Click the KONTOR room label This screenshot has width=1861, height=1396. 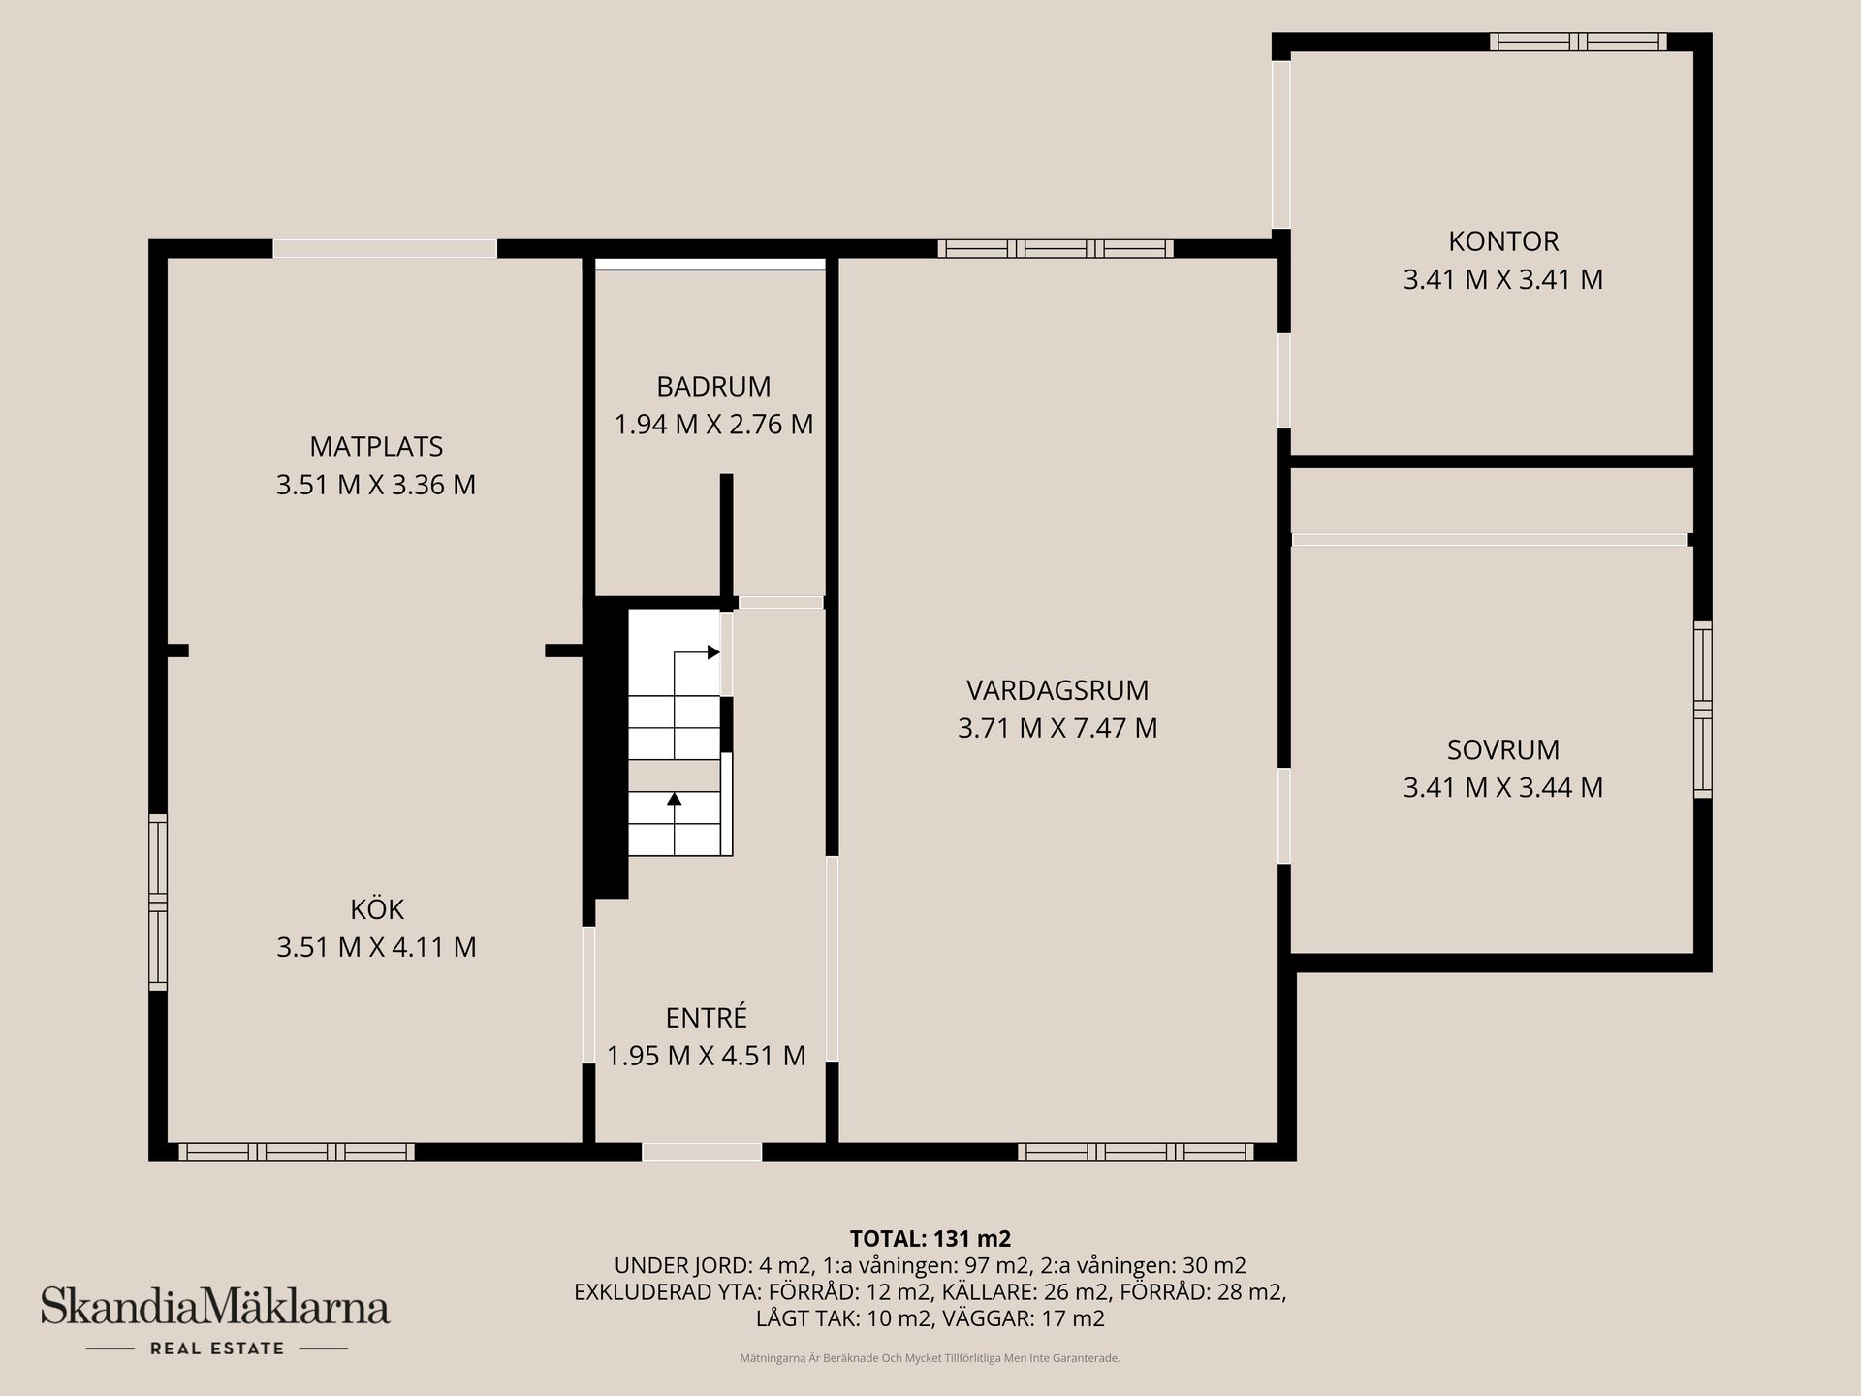point(1503,241)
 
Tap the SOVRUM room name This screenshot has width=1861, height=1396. point(1503,749)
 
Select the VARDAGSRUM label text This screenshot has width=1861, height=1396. point(1057,690)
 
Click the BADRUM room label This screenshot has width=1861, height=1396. point(713,386)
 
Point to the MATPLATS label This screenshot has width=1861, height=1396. point(376,446)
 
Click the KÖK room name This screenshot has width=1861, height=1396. point(376,909)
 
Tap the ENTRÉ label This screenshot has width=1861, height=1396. point(706,1018)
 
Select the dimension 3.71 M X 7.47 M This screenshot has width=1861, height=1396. point(1057,728)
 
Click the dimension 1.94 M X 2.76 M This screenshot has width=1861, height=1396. point(713,425)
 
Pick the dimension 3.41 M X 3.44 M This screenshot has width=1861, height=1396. point(1503,787)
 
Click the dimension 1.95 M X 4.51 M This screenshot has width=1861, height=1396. point(706,1056)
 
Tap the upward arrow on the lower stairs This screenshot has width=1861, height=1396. point(675,799)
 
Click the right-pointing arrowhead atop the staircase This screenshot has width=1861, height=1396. point(714,651)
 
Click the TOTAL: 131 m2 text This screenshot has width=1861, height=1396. point(930,1238)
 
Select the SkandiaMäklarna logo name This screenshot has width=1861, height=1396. point(215,1306)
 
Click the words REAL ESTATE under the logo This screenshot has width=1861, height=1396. point(217,1348)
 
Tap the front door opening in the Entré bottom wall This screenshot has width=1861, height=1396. point(702,1152)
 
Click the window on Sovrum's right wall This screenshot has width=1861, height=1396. point(1702,710)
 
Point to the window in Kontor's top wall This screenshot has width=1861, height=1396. point(1578,42)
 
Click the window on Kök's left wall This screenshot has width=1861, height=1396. point(158,903)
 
